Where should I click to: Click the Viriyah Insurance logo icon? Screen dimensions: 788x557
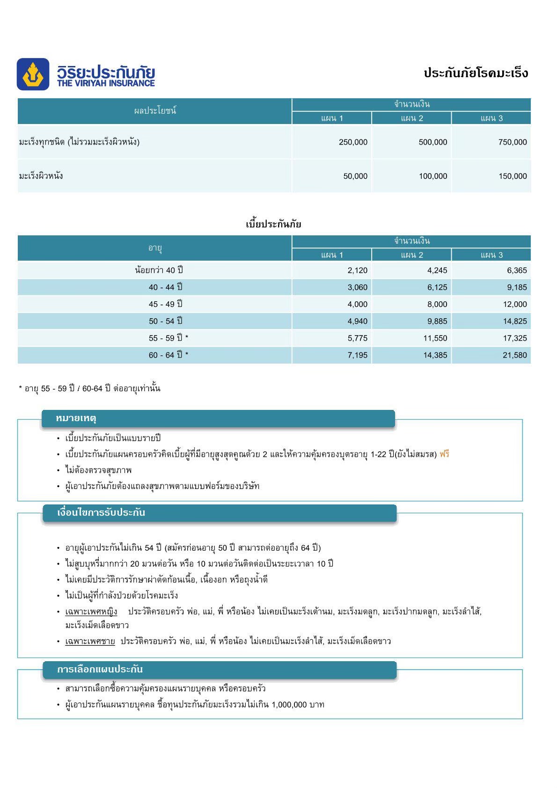click(33, 74)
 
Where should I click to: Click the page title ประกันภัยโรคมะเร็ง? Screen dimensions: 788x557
click(476, 73)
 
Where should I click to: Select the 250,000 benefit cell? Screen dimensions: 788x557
click(353, 142)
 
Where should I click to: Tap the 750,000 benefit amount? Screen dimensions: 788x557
click(513, 142)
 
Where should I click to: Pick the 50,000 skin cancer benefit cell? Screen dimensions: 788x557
click(355, 176)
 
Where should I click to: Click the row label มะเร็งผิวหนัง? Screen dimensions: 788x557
click(41, 176)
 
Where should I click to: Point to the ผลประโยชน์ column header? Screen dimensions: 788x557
click(155, 111)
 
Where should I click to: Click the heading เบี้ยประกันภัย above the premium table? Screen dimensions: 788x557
click(273, 224)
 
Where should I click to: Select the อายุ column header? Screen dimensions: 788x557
click(155, 248)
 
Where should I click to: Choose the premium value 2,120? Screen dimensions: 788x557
click(357, 270)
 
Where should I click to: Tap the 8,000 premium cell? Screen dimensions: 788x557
click(437, 304)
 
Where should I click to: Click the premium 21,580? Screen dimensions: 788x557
click(514, 355)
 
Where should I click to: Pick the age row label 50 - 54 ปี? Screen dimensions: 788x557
click(166, 321)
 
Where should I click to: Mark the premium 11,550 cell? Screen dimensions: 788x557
click(435, 338)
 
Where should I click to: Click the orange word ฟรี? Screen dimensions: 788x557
click(444, 454)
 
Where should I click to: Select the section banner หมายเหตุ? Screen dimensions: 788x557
click(76, 418)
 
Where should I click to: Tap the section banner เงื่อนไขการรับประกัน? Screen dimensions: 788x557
click(101, 513)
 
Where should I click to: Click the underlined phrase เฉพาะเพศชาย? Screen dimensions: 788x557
click(90, 641)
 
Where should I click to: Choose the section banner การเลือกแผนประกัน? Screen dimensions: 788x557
click(100, 670)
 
